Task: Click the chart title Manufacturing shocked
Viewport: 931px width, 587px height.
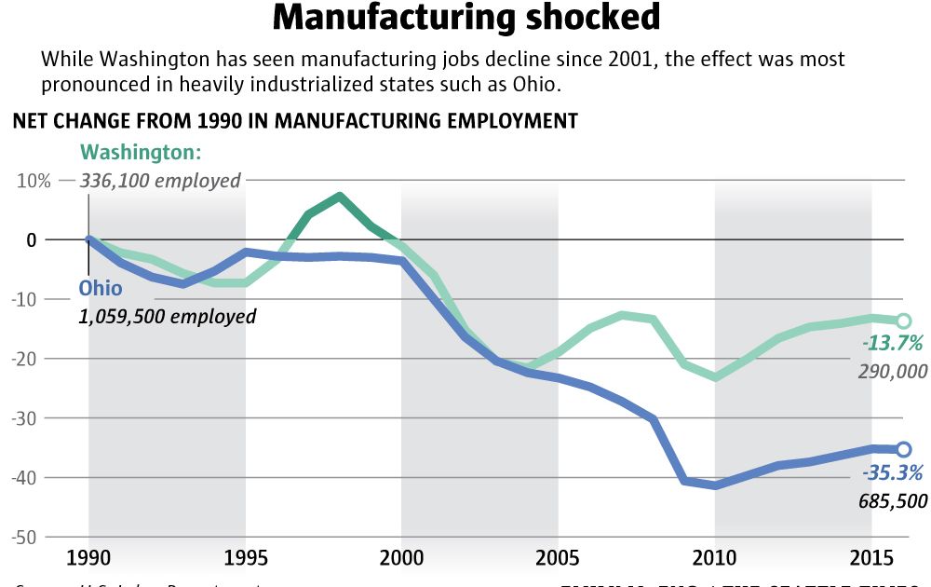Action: tap(466, 18)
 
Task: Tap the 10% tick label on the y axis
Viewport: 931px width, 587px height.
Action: tap(33, 180)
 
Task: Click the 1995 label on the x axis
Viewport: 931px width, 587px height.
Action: tap(245, 560)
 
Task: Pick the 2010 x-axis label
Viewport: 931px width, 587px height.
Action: tap(714, 560)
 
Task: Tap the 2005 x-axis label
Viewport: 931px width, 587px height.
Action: tap(558, 560)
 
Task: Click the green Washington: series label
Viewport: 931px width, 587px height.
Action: tap(141, 152)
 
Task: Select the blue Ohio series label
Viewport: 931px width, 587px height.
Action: tap(100, 288)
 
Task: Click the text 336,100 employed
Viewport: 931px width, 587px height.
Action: tap(160, 181)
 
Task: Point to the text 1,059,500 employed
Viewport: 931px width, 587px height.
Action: tap(167, 317)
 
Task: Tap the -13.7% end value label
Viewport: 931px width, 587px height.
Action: tap(892, 344)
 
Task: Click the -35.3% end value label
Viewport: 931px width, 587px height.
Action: tap(892, 471)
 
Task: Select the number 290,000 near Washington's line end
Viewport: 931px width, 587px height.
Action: tap(893, 372)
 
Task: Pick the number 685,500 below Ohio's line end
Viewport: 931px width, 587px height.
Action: tap(893, 501)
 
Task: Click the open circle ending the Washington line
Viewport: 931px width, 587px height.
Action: tap(902, 321)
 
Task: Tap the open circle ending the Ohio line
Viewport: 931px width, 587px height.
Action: tap(902, 449)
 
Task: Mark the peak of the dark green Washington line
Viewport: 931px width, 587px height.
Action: tap(339, 197)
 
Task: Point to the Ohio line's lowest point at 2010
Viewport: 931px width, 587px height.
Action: tap(715, 485)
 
